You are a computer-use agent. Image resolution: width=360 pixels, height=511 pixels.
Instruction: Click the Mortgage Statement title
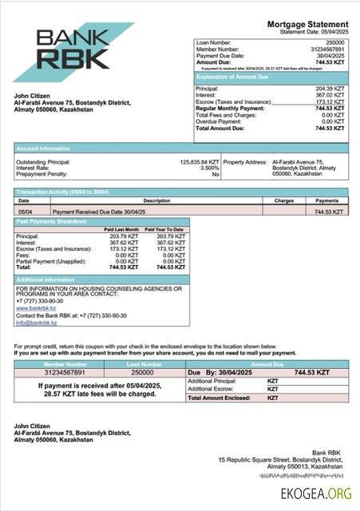[307, 25]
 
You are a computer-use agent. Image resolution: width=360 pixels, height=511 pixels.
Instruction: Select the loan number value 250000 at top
[335, 42]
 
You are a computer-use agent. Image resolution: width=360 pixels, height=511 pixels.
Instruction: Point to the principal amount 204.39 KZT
[330, 89]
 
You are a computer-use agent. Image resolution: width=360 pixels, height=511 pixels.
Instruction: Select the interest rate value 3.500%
[209, 168]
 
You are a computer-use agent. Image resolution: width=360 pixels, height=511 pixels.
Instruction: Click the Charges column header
[284, 200]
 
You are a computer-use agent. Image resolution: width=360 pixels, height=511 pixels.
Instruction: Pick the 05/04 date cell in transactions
[25, 212]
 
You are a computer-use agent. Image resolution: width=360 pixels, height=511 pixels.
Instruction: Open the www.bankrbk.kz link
[36, 307]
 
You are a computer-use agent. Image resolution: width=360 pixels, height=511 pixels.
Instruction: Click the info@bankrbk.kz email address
[37, 323]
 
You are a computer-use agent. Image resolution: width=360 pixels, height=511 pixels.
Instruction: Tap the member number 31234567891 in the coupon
[65, 372]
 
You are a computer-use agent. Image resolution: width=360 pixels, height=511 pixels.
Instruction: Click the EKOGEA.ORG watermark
[316, 493]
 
